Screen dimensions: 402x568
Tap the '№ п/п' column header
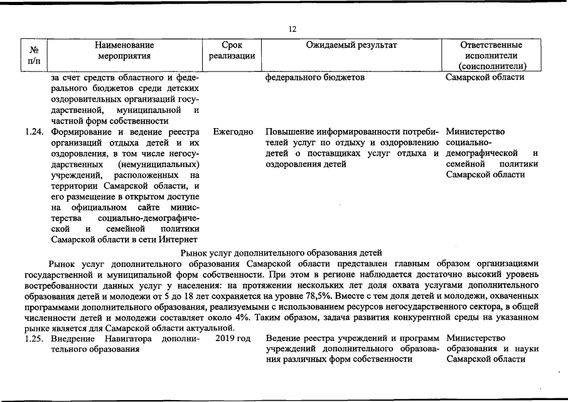tap(35, 55)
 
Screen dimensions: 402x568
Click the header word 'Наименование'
tap(124, 45)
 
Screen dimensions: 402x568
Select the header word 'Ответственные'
tap(491, 45)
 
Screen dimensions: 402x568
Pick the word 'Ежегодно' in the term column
tap(233, 133)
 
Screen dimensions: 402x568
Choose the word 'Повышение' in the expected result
tap(289, 133)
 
